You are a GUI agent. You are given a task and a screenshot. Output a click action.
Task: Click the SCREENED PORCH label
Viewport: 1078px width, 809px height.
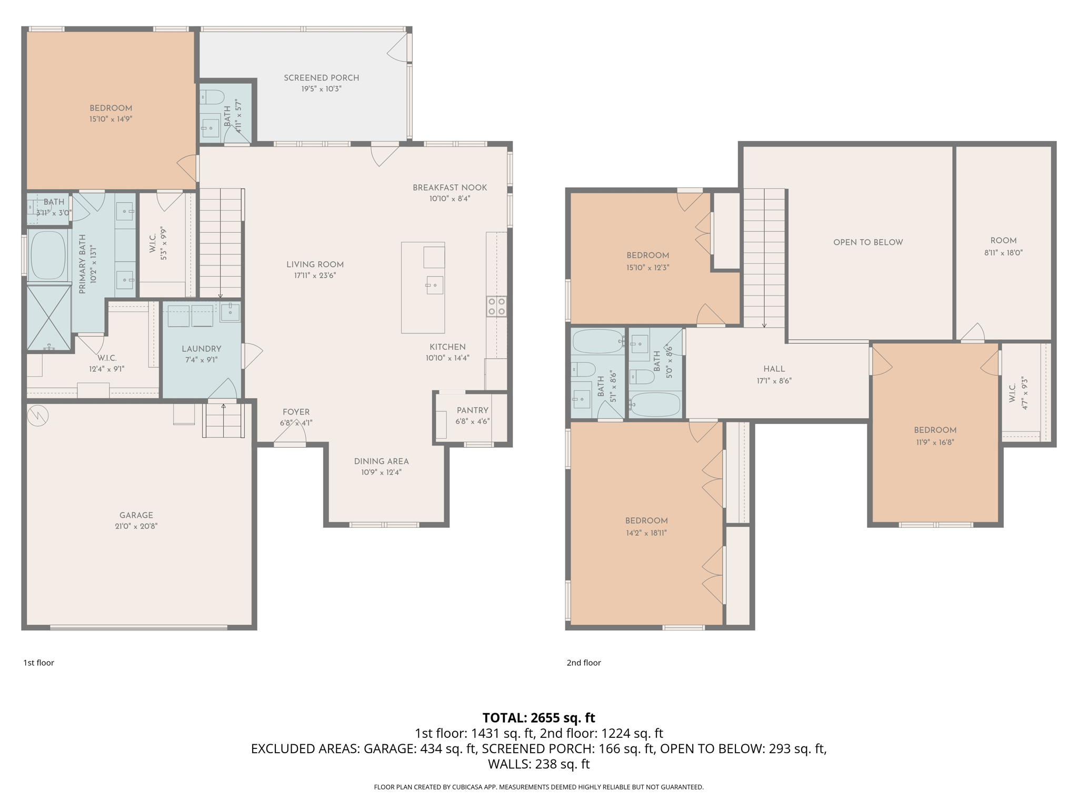[x=321, y=78]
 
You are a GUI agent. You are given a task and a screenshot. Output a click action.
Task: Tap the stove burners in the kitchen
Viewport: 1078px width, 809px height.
[x=496, y=307]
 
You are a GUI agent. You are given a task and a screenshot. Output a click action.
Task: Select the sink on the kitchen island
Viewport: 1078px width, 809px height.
[x=434, y=285]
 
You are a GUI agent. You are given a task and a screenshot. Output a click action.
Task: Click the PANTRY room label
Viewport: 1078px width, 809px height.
[x=472, y=410]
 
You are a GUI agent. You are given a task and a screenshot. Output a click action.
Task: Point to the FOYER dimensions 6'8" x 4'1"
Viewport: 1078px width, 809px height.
[x=296, y=423]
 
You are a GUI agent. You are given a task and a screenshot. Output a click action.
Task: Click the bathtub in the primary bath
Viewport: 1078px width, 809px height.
[x=48, y=255]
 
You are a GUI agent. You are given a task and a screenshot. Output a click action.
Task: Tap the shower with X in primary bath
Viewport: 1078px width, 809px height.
[x=48, y=317]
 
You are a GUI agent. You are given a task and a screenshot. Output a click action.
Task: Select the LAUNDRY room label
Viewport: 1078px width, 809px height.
[x=201, y=349]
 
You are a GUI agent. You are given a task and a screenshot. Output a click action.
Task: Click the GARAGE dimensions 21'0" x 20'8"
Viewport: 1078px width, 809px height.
[x=136, y=526]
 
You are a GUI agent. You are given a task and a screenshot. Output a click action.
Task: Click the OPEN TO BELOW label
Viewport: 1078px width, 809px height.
[x=867, y=242]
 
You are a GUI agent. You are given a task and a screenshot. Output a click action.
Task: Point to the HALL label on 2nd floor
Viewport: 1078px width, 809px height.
[x=774, y=369]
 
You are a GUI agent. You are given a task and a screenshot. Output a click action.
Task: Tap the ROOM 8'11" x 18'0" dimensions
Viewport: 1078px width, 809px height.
[x=1003, y=253]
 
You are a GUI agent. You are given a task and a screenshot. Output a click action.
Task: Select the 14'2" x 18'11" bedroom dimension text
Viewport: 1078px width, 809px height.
[x=646, y=532]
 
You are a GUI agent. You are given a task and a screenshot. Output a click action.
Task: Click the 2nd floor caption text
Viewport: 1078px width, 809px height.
[x=583, y=663]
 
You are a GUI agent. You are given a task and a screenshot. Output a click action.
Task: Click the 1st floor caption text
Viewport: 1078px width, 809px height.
[x=38, y=663]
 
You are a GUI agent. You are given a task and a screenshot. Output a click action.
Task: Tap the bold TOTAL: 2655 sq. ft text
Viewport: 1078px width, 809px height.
[x=538, y=717]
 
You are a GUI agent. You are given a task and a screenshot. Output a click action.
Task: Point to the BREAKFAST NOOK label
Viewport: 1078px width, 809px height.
[x=450, y=188]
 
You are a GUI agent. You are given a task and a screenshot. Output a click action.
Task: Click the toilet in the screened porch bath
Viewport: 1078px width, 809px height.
[x=212, y=97]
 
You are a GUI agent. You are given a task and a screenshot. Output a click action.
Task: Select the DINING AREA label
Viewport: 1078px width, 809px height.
[x=381, y=461]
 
